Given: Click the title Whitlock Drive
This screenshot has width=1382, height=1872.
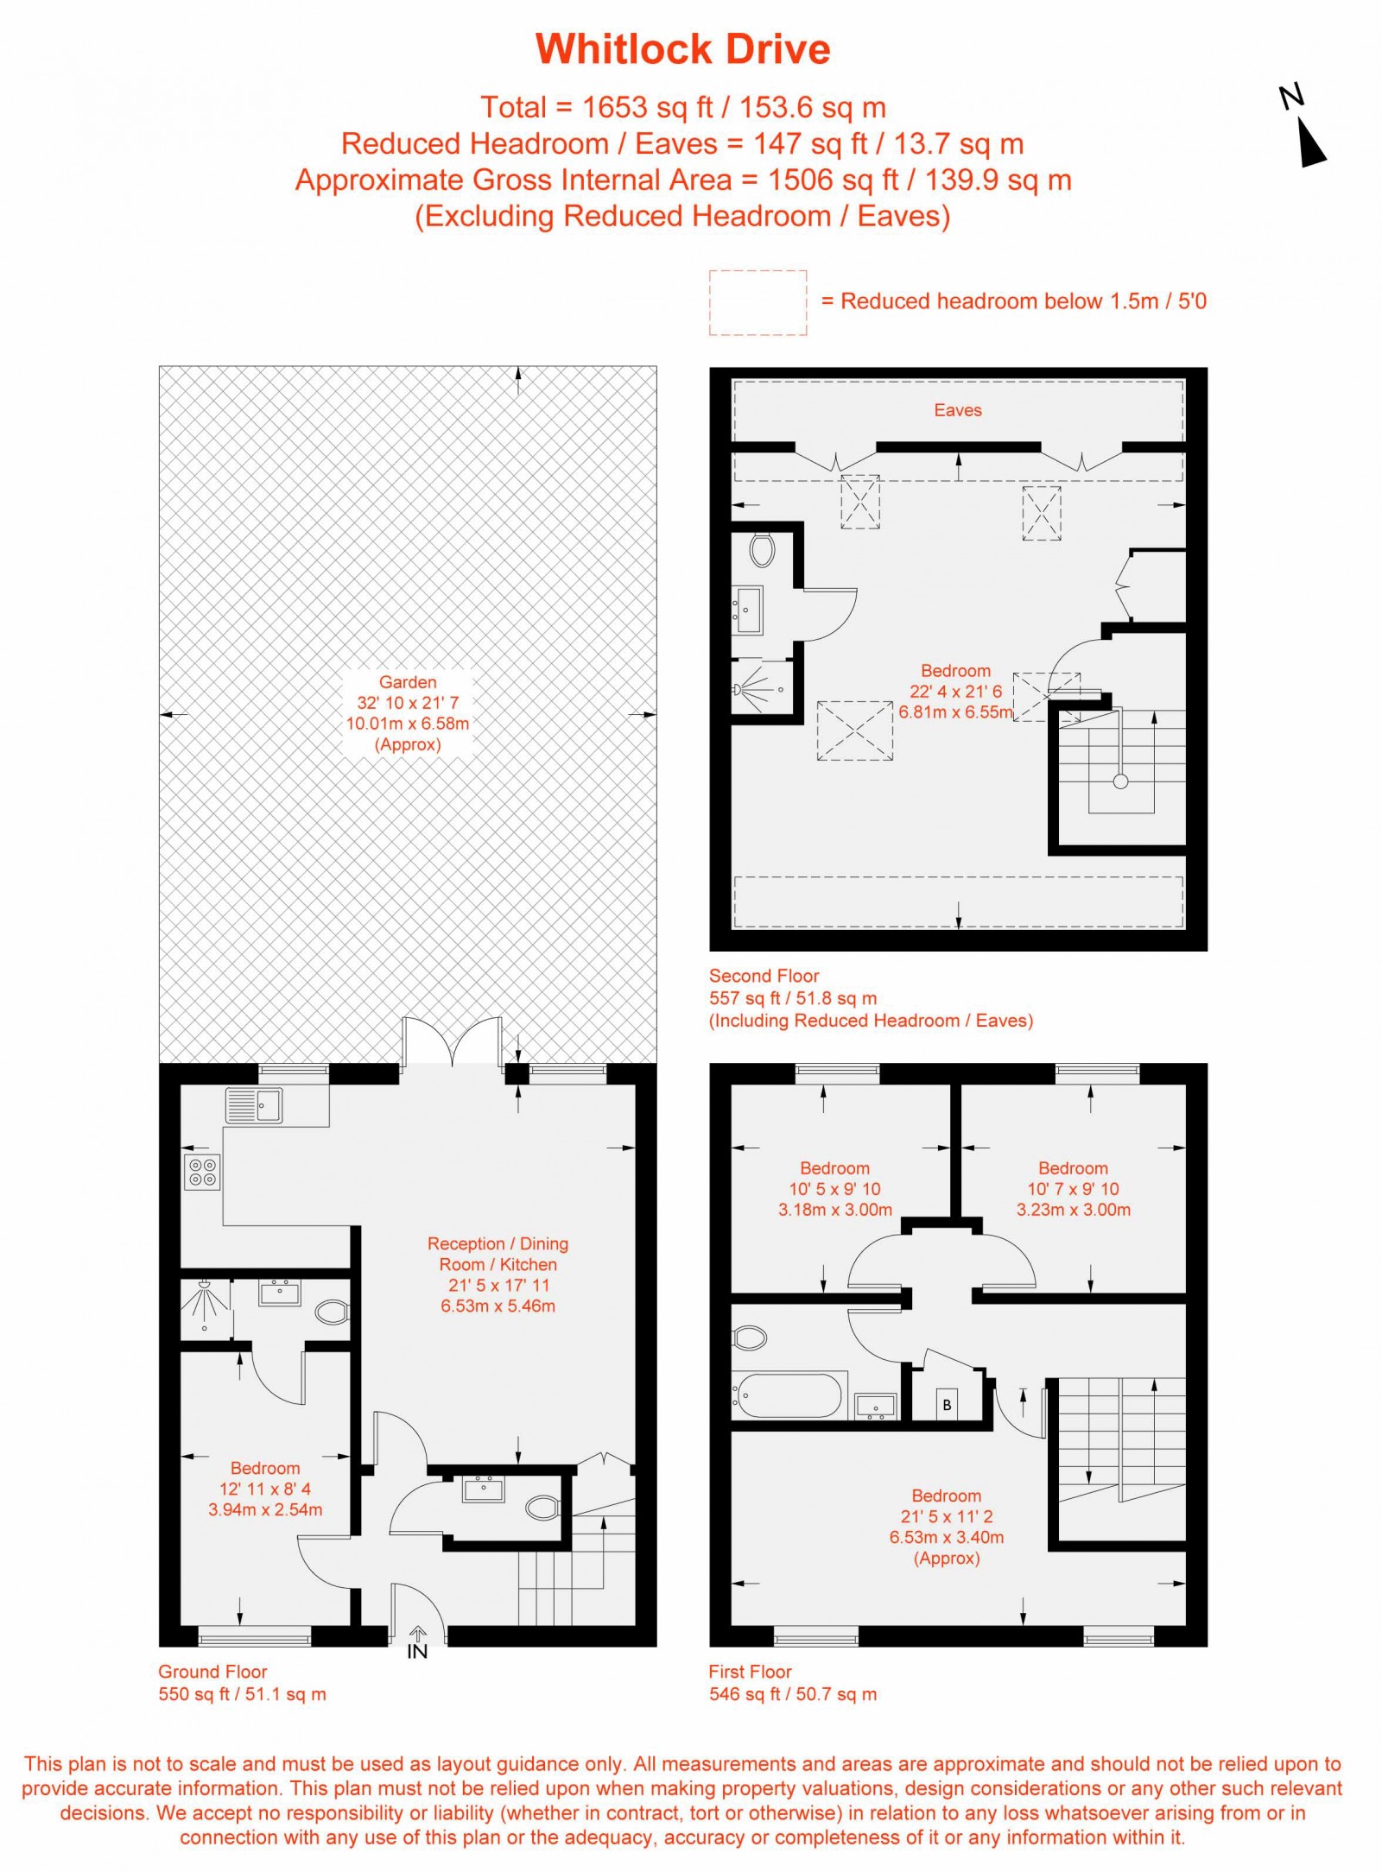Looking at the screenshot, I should coord(682,49).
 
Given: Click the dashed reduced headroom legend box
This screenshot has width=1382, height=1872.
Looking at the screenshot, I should coord(758,302).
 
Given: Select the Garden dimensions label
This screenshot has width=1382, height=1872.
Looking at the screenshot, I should coord(408,713).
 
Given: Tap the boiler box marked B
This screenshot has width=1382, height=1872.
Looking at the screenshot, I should coord(947,1405).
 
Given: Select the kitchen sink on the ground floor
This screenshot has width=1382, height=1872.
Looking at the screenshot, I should coord(255,1105).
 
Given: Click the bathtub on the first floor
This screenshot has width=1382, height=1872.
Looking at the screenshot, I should coord(788,1395).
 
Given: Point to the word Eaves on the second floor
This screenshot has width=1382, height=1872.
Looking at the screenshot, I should coord(957,410).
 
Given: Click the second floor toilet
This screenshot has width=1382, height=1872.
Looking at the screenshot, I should coord(762,550).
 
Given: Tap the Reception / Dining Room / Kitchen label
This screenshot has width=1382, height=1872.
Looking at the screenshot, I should coord(498,1274).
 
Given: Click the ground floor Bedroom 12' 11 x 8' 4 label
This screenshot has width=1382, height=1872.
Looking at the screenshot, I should coord(265,1489).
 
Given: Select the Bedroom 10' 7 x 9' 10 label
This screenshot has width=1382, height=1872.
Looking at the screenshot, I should coord(1073,1188).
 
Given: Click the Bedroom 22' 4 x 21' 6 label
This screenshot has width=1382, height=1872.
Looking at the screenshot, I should coord(955,691).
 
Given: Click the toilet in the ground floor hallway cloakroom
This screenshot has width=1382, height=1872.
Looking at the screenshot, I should coord(543,1508).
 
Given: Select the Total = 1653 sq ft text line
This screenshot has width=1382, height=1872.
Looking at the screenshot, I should coord(682,107).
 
